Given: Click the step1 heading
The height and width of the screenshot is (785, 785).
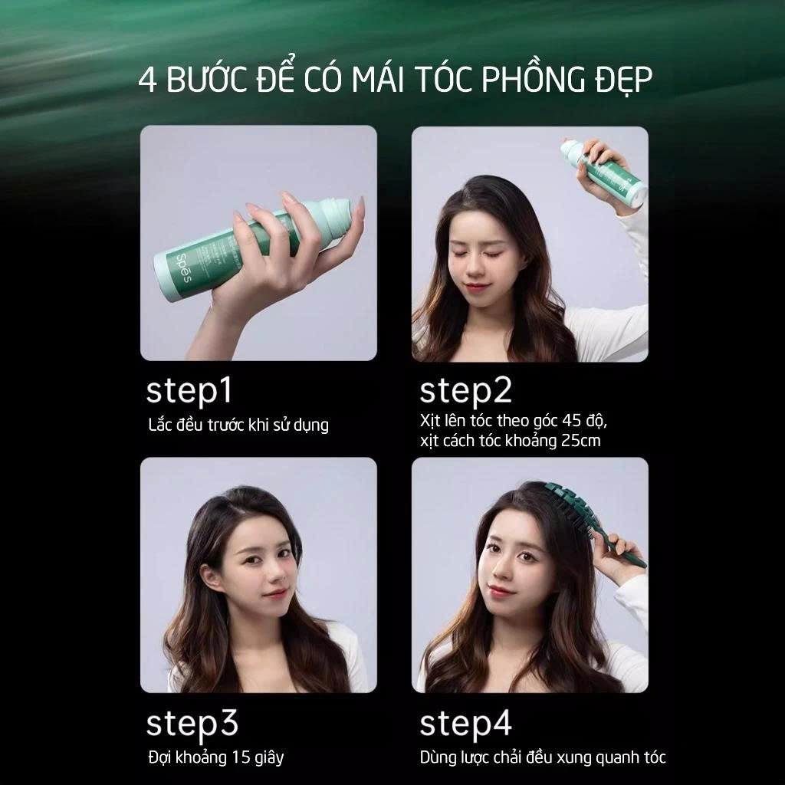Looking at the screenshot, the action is pos(189,391).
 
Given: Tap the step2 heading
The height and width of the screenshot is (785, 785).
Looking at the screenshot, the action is pos(465,391).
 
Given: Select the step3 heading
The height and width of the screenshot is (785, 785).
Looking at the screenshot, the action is pos(192,724).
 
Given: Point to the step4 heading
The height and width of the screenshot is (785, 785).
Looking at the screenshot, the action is pos(465,724).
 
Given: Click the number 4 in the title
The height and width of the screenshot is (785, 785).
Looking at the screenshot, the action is pos(147,80).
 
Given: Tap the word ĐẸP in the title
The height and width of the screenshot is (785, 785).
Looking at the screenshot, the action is pos(624,80).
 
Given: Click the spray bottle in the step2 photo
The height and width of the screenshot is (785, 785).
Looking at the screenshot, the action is pos(603,172).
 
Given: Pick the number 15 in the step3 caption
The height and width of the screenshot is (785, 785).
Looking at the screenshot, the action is pos(240,757).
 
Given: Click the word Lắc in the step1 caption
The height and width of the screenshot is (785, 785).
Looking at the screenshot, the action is pos(160,425).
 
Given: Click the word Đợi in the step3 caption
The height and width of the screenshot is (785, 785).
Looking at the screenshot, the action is pos(159,757).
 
